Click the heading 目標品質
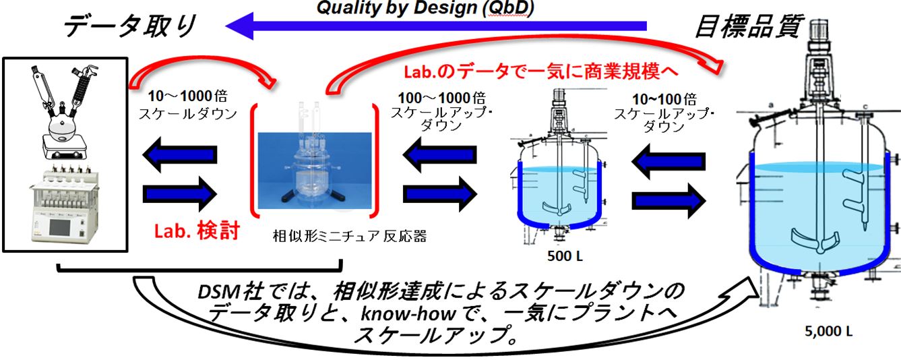click(748, 26)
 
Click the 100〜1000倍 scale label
click(438, 107)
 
